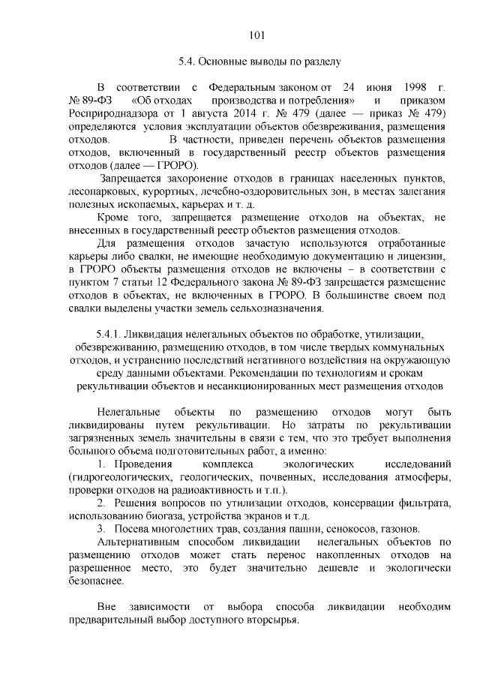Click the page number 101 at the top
pyautogui.click(x=256, y=34)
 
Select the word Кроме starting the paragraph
pyautogui.click(x=115, y=218)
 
